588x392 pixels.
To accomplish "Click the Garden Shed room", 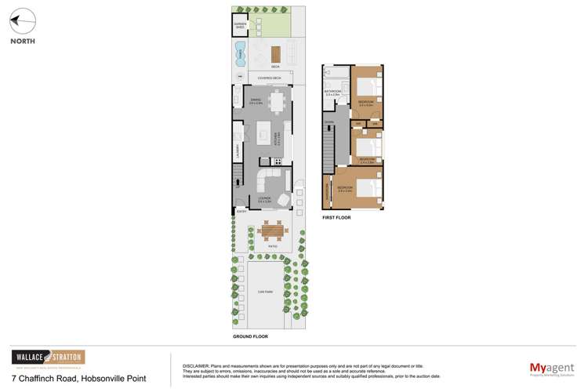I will pyautogui.click(x=239, y=25).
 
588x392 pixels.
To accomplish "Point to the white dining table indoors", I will pyautogui.click(x=274, y=103).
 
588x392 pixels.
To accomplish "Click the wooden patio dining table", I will pyautogui.click(x=271, y=232).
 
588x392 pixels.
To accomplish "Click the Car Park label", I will pyautogui.click(x=264, y=292).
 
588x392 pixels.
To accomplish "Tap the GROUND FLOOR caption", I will pyautogui.click(x=250, y=336).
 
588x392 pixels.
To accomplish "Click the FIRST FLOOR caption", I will pyautogui.click(x=336, y=217).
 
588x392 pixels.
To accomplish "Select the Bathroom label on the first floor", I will pyautogui.click(x=332, y=93).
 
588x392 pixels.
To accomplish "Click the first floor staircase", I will pyautogui.click(x=330, y=149).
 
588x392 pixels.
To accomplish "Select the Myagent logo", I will pyautogui.click(x=548, y=368).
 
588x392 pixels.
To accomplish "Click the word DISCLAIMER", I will pyautogui.click(x=197, y=365).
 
